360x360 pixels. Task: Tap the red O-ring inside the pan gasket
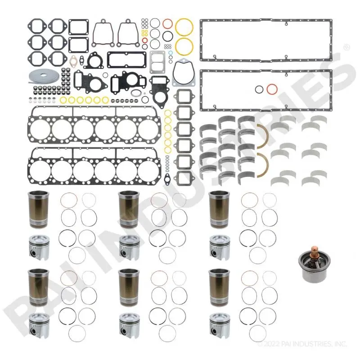(272, 89)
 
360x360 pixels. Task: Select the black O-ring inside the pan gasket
(259, 89)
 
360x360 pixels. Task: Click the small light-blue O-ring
(171, 53)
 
